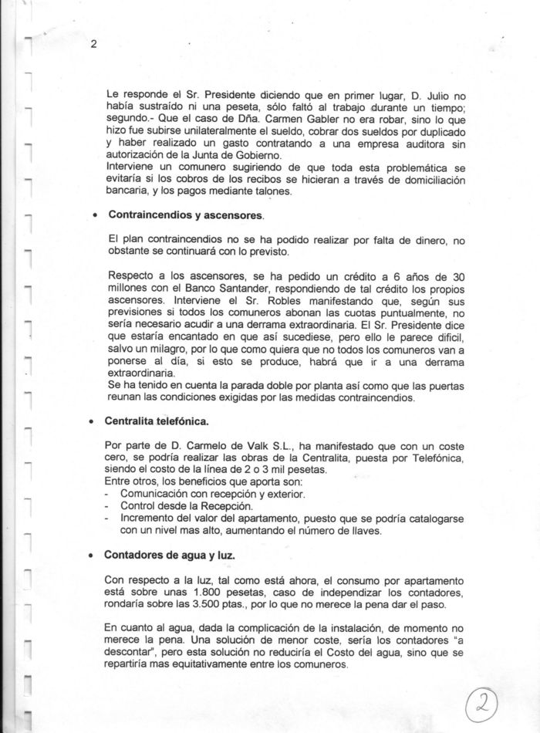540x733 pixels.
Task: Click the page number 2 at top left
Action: (93, 44)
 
